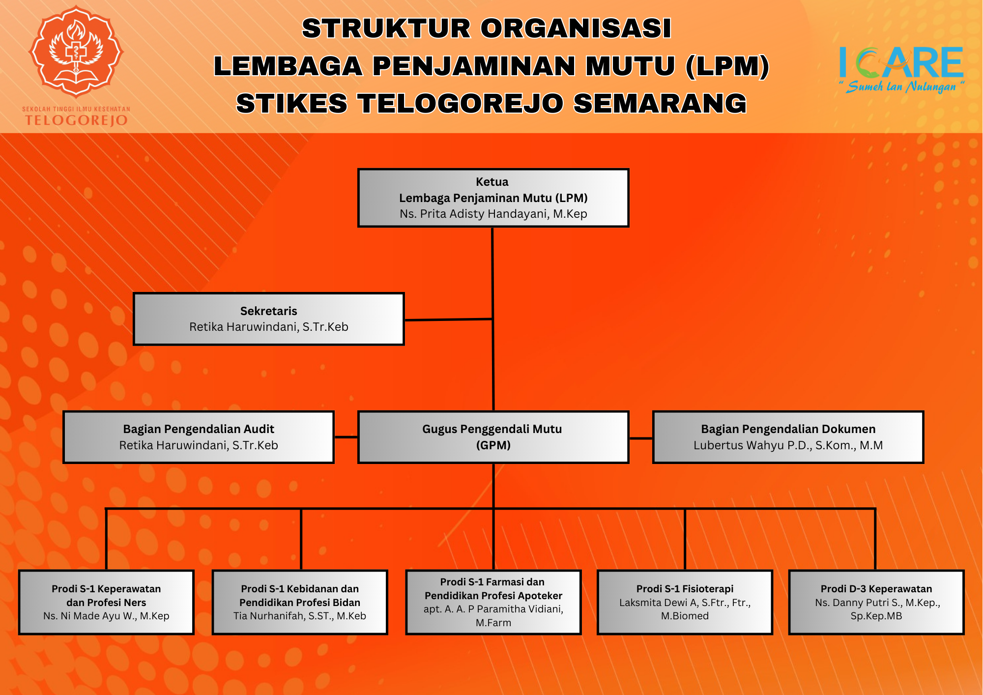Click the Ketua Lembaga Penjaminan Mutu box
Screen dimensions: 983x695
pos(493,198)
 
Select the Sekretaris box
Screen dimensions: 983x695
pos(269,319)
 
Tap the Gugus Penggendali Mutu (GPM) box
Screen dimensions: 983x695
pos(493,437)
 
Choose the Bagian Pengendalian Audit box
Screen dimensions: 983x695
pos(199,437)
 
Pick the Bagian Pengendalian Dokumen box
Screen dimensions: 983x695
pos(788,437)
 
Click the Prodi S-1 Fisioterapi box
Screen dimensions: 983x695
pos(685,602)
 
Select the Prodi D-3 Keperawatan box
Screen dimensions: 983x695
pos(876,602)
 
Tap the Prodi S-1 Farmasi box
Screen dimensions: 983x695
pos(493,602)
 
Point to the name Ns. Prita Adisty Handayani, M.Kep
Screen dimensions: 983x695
pos(493,214)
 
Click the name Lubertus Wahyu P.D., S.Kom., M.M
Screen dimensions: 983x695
pos(788,445)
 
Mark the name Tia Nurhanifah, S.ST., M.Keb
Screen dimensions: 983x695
pos(300,616)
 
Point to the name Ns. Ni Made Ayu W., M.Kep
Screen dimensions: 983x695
pos(106,616)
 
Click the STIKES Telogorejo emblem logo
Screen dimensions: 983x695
pos(76,51)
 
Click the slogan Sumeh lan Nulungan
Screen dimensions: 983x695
pos(902,87)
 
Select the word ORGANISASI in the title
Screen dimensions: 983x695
pos(576,29)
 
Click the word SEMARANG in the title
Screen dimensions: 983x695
pos(660,104)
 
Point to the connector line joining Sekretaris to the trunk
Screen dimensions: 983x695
pos(448,320)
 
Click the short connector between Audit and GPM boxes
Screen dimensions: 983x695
pos(346,437)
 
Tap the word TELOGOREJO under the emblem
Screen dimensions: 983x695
pos(77,120)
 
